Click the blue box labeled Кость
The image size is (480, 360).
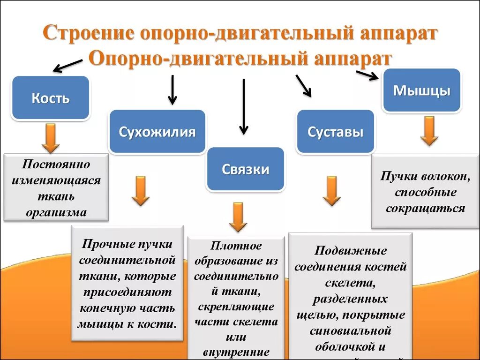pos(50,98)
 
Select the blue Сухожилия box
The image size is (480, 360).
pos(157,132)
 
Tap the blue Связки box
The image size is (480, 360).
pos(246,169)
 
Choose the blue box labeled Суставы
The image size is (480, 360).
pos(335,132)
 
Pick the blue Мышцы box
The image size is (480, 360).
pos(421,90)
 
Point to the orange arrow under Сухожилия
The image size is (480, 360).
pos(140,190)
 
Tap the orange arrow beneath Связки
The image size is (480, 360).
pos(238,217)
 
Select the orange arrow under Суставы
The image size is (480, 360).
pos(331,190)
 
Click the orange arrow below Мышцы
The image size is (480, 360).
pos(428,131)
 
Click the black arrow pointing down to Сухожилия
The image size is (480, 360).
pos(172,89)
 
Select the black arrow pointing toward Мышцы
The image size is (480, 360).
pos(367,75)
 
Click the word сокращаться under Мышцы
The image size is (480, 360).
pos(425,208)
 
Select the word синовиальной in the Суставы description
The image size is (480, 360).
pos(350,330)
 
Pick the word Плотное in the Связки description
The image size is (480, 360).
pos(236,246)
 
